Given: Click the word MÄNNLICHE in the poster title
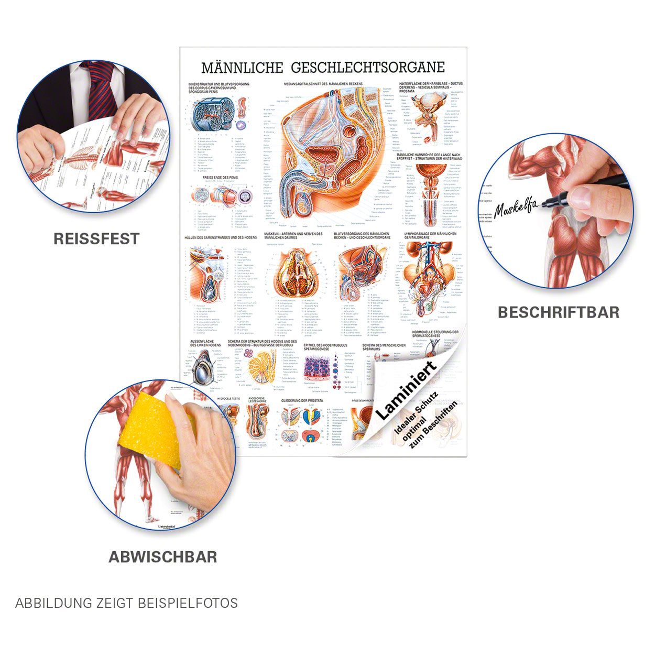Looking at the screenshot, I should (x=242, y=68).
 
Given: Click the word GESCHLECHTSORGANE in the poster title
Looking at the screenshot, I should (x=368, y=68).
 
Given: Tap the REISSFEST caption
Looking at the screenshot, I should (x=96, y=239).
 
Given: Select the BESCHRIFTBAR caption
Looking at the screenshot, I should (x=559, y=312).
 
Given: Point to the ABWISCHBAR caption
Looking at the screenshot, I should (x=163, y=557).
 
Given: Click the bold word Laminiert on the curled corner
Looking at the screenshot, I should (x=406, y=390).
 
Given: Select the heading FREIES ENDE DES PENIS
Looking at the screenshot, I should (x=220, y=178).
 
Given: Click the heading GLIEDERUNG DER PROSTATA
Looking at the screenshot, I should (x=302, y=400).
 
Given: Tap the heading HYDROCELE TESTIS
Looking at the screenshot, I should (x=228, y=399).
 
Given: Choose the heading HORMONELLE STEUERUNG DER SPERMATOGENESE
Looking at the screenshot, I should (x=435, y=334).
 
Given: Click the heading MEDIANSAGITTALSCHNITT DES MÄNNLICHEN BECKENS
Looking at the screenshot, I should (x=323, y=84).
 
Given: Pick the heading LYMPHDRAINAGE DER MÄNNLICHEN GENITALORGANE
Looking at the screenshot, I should (x=430, y=235).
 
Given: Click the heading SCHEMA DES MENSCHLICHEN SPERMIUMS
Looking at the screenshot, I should (x=384, y=347).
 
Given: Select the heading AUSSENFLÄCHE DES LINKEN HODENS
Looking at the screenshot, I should (x=205, y=343).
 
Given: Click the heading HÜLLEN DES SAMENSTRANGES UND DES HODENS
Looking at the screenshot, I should (x=221, y=237).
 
